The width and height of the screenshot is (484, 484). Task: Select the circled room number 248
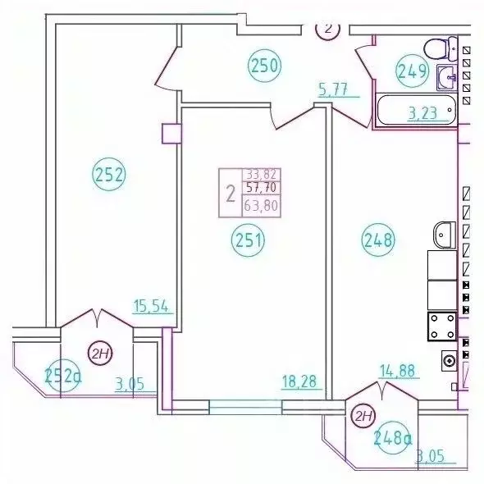378,241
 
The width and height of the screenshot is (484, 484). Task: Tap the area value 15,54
151,307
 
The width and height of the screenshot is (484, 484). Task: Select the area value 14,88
398,370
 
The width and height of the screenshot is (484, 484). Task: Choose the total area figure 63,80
261,208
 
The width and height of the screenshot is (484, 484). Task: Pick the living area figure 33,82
260,174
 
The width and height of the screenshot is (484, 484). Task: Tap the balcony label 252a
63,376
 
